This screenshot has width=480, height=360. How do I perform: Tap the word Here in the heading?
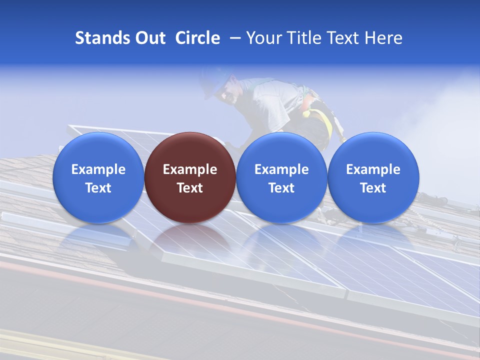382,38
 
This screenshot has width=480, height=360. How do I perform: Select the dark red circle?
190,177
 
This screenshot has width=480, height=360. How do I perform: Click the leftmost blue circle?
98,177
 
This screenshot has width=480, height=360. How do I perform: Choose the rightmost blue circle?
373,177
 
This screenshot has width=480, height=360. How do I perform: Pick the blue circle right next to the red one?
281,177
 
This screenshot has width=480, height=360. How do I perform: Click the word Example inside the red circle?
190,169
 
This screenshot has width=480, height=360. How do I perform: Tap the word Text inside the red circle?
190,188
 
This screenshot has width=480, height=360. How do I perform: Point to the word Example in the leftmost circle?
98,169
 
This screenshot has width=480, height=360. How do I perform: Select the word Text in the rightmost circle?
373,188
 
